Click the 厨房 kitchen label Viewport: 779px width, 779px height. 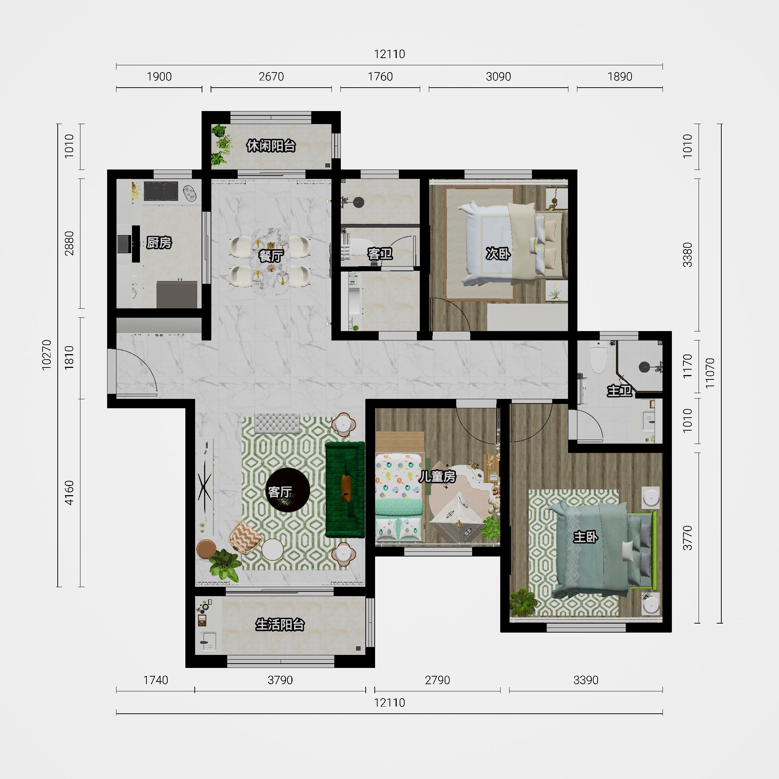click(159, 243)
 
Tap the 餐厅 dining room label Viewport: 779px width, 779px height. click(271, 256)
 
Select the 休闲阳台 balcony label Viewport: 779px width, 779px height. click(271, 146)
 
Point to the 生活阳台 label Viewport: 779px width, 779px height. click(280, 625)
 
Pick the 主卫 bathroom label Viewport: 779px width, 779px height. click(619, 390)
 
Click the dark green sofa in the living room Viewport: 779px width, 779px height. click(345, 489)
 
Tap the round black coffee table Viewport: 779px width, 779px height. click(288, 490)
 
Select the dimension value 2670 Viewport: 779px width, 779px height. click(271, 76)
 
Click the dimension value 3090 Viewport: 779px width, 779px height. click(498, 76)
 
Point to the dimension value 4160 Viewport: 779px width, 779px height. click(69, 493)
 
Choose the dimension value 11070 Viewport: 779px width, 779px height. click(710, 373)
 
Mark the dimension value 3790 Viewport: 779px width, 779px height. click(280, 680)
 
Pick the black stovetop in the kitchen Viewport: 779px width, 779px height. click(161, 191)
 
